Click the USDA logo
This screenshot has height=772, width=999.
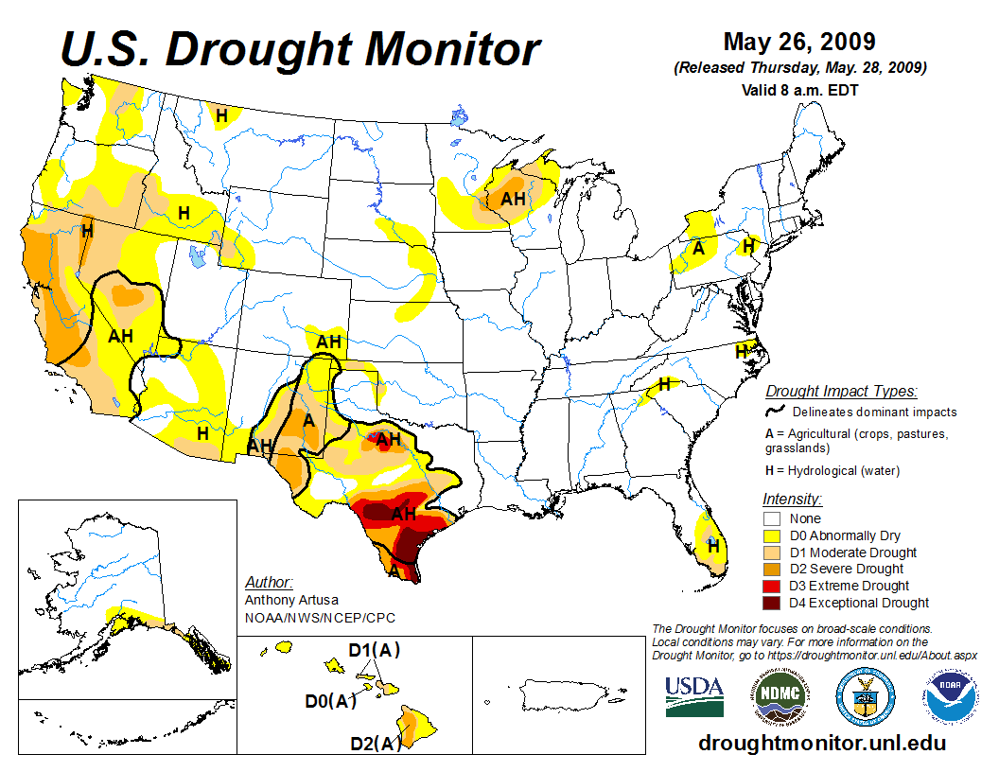click(x=694, y=695)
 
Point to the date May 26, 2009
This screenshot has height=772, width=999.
click(x=799, y=43)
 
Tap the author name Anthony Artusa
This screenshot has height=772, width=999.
click(x=290, y=600)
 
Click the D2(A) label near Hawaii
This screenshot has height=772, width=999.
click(x=376, y=744)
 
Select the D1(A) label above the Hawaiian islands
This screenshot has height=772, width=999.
click(x=375, y=651)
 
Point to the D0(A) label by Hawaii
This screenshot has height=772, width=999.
click(x=330, y=701)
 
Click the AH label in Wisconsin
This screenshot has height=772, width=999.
click(x=513, y=199)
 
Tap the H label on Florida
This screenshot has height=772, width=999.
click(x=714, y=546)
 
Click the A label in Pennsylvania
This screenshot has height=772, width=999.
click(x=698, y=249)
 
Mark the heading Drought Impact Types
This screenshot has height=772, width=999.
click(x=841, y=391)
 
